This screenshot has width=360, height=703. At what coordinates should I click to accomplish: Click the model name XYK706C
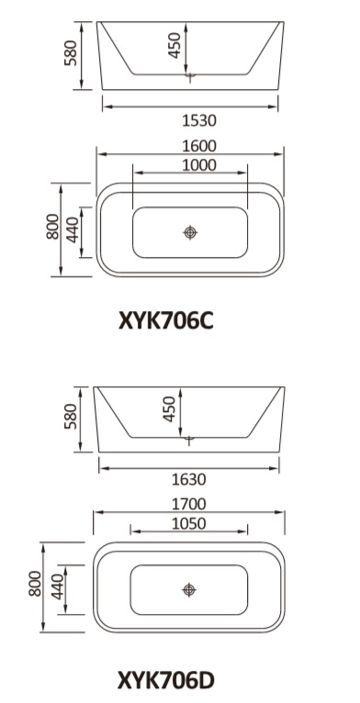(x=166, y=321)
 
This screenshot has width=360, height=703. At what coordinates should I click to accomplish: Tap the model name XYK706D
(x=166, y=680)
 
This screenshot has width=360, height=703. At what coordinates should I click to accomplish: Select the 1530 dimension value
(x=199, y=120)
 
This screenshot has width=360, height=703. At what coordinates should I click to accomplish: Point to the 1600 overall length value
(x=199, y=146)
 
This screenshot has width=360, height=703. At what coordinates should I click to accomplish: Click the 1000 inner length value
(x=199, y=165)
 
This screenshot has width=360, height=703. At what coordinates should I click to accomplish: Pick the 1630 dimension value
(x=188, y=480)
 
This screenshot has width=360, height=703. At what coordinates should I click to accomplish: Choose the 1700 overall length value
(x=188, y=505)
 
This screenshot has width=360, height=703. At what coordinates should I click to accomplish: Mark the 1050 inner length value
(x=188, y=523)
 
